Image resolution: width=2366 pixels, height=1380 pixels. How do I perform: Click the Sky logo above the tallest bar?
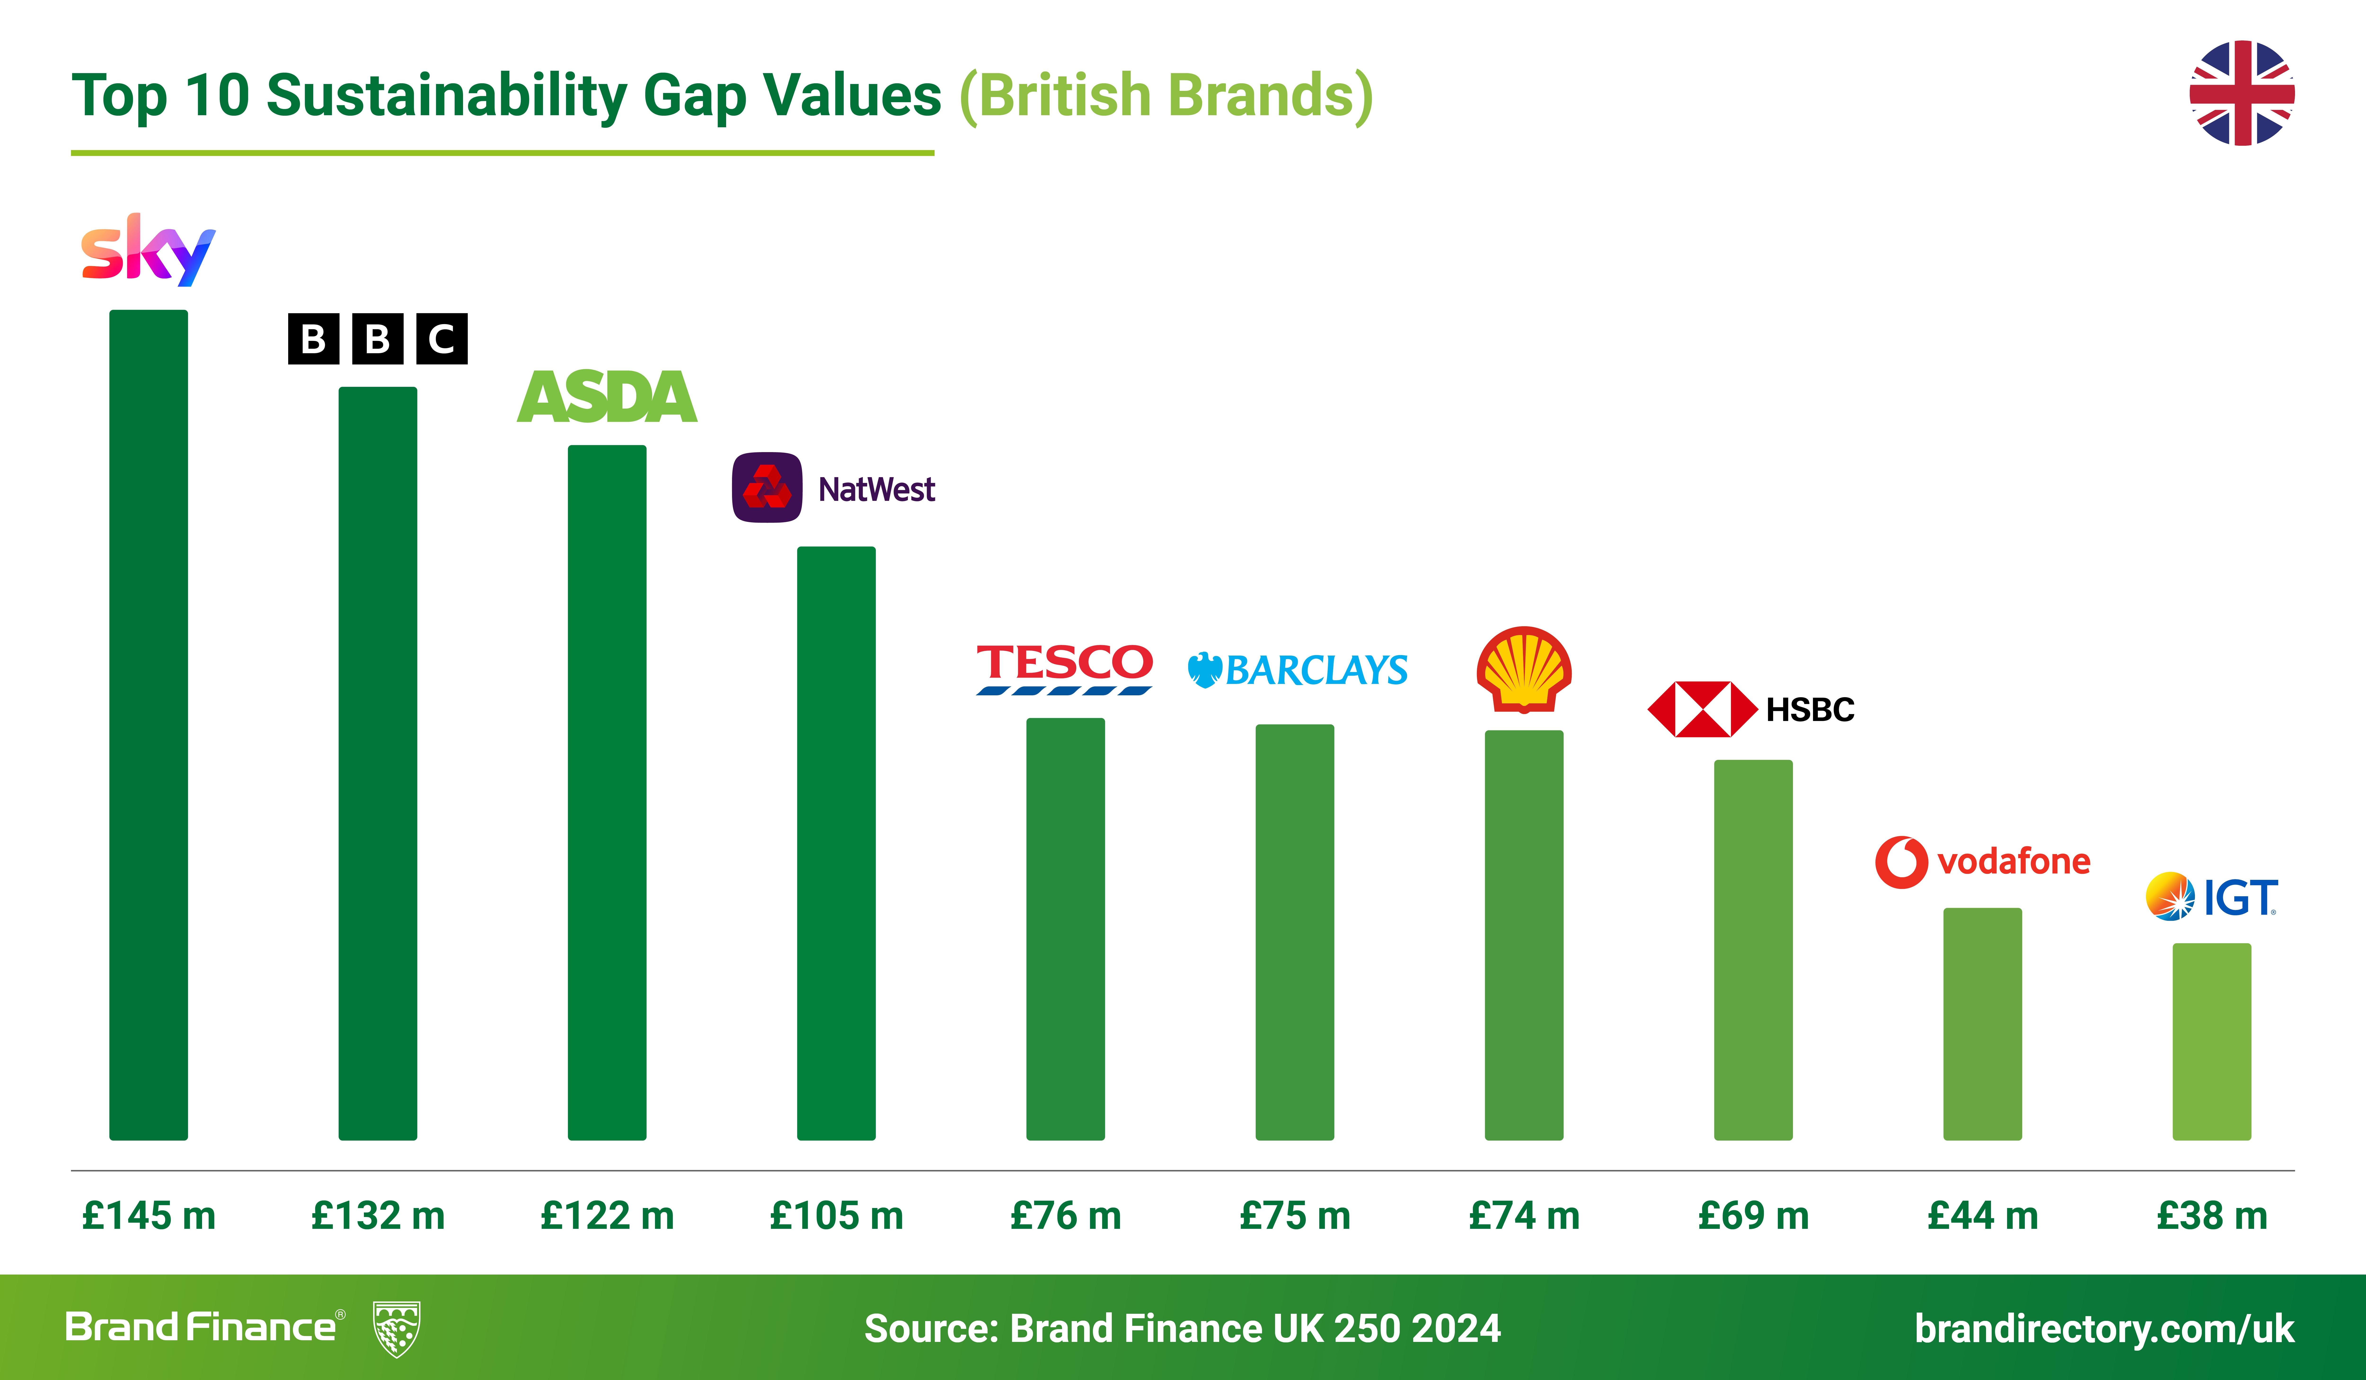pyautogui.click(x=148, y=250)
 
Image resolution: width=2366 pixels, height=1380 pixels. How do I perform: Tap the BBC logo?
pyautogui.click(x=377, y=339)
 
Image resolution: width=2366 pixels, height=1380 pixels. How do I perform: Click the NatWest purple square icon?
pyautogui.click(x=767, y=487)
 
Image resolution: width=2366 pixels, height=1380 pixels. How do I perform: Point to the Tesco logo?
pyautogui.click(x=1065, y=668)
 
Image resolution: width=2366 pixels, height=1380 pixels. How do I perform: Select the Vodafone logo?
pyautogui.click(x=1982, y=862)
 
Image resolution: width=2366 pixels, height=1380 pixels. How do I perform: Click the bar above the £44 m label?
pyautogui.click(x=1982, y=1023)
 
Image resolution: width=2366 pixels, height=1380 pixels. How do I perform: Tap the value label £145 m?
pyautogui.click(x=148, y=1216)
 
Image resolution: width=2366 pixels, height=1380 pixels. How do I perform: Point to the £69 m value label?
pyautogui.click(x=1753, y=1216)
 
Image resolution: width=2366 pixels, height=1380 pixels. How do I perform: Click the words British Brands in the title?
pyautogui.click(x=1166, y=96)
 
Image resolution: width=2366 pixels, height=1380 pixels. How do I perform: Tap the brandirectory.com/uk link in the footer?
pyautogui.click(x=2104, y=1328)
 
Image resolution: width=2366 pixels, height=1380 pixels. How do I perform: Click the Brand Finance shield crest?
pyautogui.click(x=396, y=1328)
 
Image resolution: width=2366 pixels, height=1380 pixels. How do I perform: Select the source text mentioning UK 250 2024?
pyautogui.click(x=1182, y=1328)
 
